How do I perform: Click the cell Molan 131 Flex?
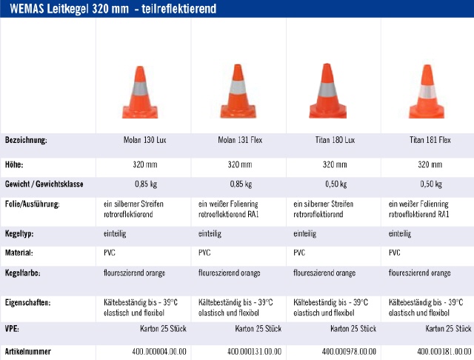coord(238,140)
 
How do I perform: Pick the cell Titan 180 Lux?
coord(333,140)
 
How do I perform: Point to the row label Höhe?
coord(15,164)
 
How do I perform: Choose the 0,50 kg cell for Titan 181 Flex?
coord(427,184)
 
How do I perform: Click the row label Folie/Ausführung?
coord(33,204)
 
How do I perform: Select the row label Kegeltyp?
coord(20,234)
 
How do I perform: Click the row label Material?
coord(19,253)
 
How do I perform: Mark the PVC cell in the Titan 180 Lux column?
coord(300,253)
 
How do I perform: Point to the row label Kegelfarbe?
coord(23,273)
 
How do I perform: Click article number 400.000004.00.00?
coord(155,350)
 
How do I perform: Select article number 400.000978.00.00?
coord(344,350)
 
